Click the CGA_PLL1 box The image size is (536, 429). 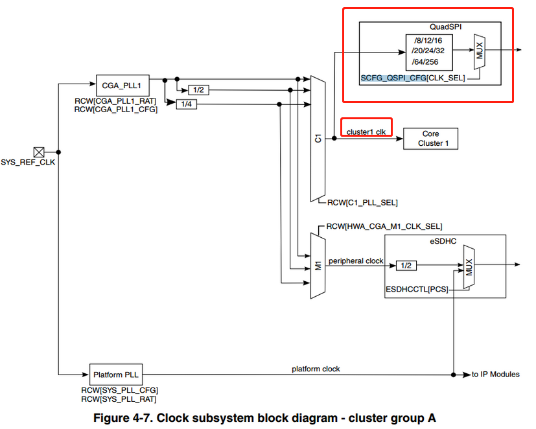(118, 85)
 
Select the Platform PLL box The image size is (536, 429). (115, 375)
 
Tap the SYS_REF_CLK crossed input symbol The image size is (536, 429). (39, 152)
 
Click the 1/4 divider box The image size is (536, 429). (186, 104)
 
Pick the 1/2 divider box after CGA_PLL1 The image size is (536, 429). (198, 91)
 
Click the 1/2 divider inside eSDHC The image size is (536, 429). (406, 265)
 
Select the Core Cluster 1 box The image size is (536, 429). (430, 139)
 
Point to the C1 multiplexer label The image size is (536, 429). (318, 138)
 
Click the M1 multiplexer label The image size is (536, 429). (318, 266)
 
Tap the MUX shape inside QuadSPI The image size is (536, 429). (480, 52)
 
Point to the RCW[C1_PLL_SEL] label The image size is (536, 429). (362, 203)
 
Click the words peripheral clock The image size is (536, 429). (356, 261)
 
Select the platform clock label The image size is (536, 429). (316, 369)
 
